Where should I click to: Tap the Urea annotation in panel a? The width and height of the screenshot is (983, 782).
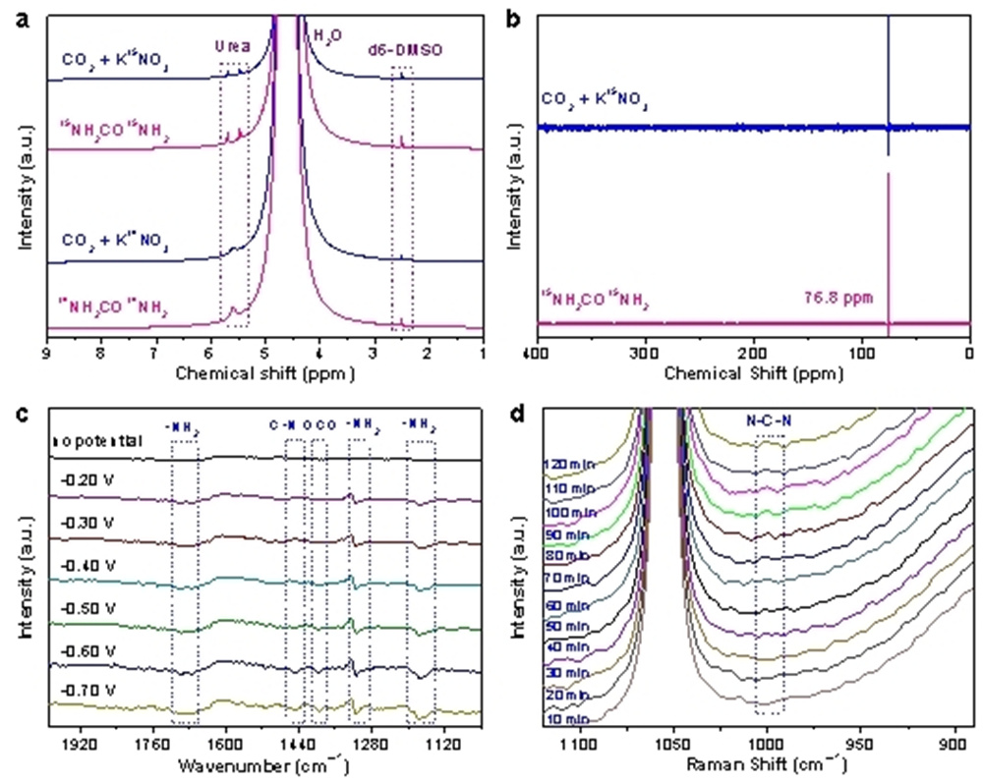[233, 44]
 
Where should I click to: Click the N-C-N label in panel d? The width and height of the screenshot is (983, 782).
[769, 424]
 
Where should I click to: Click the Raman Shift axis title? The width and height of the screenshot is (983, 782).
[760, 764]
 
